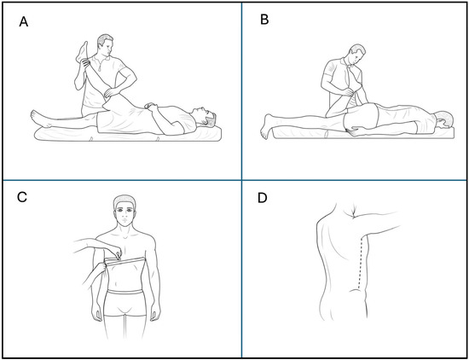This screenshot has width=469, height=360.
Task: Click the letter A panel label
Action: pyautogui.click(x=24, y=22)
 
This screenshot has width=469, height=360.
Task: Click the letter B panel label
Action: pyautogui.click(x=264, y=20)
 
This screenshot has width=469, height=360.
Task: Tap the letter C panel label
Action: pyautogui.click(x=22, y=197)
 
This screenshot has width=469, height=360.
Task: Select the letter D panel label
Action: pyautogui.click(x=263, y=198)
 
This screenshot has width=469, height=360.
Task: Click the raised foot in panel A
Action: pyautogui.click(x=82, y=53)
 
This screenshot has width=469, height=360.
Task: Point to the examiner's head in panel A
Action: pyautogui.click(x=105, y=45)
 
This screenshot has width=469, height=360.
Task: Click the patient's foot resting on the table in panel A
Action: pyautogui.click(x=39, y=119)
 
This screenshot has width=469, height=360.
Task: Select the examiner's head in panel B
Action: pyautogui.click(x=357, y=55)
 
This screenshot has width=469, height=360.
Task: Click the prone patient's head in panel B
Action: pyautogui.click(x=444, y=119)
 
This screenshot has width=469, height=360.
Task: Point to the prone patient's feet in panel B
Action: pyautogui.click(x=267, y=126)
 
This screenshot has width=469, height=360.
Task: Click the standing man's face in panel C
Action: pyautogui.click(x=124, y=213)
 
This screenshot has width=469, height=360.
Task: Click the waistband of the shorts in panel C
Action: pyautogui.click(x=124, y=291)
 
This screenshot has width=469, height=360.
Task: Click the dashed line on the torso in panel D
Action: pyautogui.click(x=360, y=261)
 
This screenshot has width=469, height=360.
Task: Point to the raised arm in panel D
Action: pyautogui.click(x=378, y=223)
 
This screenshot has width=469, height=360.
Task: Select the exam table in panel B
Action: pyautogui.click(x=363, y=133)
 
